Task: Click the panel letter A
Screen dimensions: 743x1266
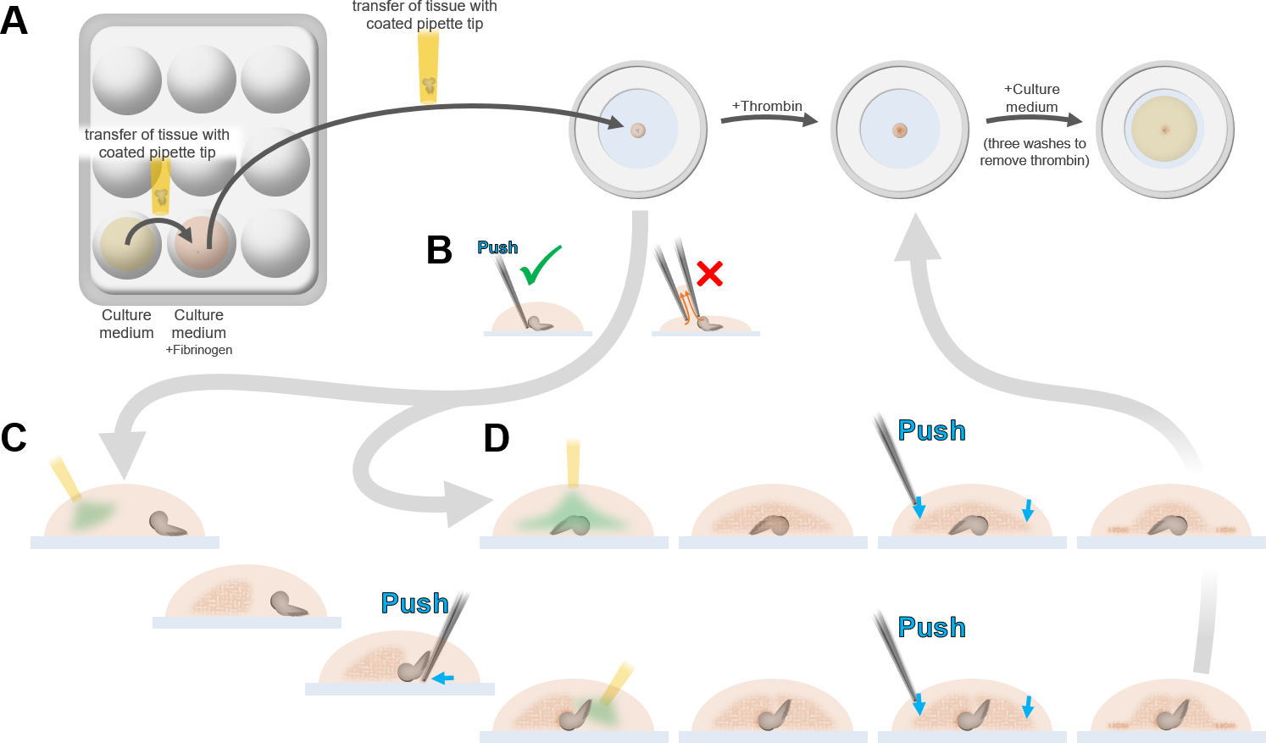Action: click(14, 20)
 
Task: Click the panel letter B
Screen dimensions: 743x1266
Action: click(439, 250)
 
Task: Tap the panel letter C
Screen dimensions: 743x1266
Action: click(14, 438)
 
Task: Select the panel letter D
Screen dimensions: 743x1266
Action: click(497, 439)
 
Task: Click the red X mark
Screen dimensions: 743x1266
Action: click(709, 274)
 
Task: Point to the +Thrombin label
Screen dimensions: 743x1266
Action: click(767, 106)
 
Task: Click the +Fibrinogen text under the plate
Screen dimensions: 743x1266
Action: click(199, 350)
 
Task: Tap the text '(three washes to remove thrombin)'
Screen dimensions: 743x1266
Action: click(1035, 152)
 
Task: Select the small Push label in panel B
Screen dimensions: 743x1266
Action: click(497, 247)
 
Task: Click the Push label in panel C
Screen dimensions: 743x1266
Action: click(414, 603)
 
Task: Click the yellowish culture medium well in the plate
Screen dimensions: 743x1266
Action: click(127, 243)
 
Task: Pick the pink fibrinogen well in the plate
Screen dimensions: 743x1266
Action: click(201, 243)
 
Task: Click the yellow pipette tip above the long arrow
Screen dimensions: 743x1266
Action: click(429, 68)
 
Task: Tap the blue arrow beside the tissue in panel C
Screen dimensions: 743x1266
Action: click(443, 678)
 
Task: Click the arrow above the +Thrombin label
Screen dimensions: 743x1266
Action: click(769, 119)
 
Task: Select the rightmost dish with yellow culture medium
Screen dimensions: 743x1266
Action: click(1164, 130)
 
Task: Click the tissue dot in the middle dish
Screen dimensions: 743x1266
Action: click(900, 130)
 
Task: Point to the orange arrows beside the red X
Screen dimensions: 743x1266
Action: click(686, 303)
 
